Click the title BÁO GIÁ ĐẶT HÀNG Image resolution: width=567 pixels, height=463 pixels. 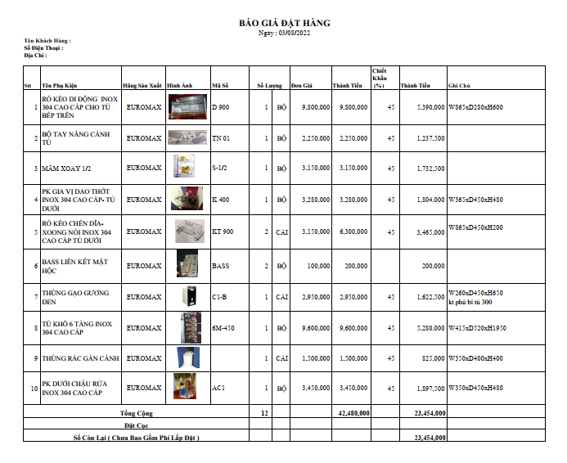(x=284, y=23)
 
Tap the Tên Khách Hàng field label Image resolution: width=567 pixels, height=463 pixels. (x=47, y=40)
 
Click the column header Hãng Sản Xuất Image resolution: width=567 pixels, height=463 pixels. (x=142, y=85)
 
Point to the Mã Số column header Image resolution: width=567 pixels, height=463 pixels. (x=220, y=85)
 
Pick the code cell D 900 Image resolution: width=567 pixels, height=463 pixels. (x=221, y=107)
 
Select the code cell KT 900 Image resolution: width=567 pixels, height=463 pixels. (x=223, y=231)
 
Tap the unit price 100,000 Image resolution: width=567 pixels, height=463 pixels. (x=318, y=266)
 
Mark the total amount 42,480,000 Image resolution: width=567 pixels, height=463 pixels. (x=353, y=413)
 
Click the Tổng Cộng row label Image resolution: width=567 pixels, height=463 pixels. (x=137, y=413)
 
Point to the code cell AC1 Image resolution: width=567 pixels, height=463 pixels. (x=218, y=387)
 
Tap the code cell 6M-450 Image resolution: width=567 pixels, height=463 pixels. (x=223, y=328)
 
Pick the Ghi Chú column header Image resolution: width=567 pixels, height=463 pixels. (x=459, y=85)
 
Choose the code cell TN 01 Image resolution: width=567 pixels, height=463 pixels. (x=221, y=138)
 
